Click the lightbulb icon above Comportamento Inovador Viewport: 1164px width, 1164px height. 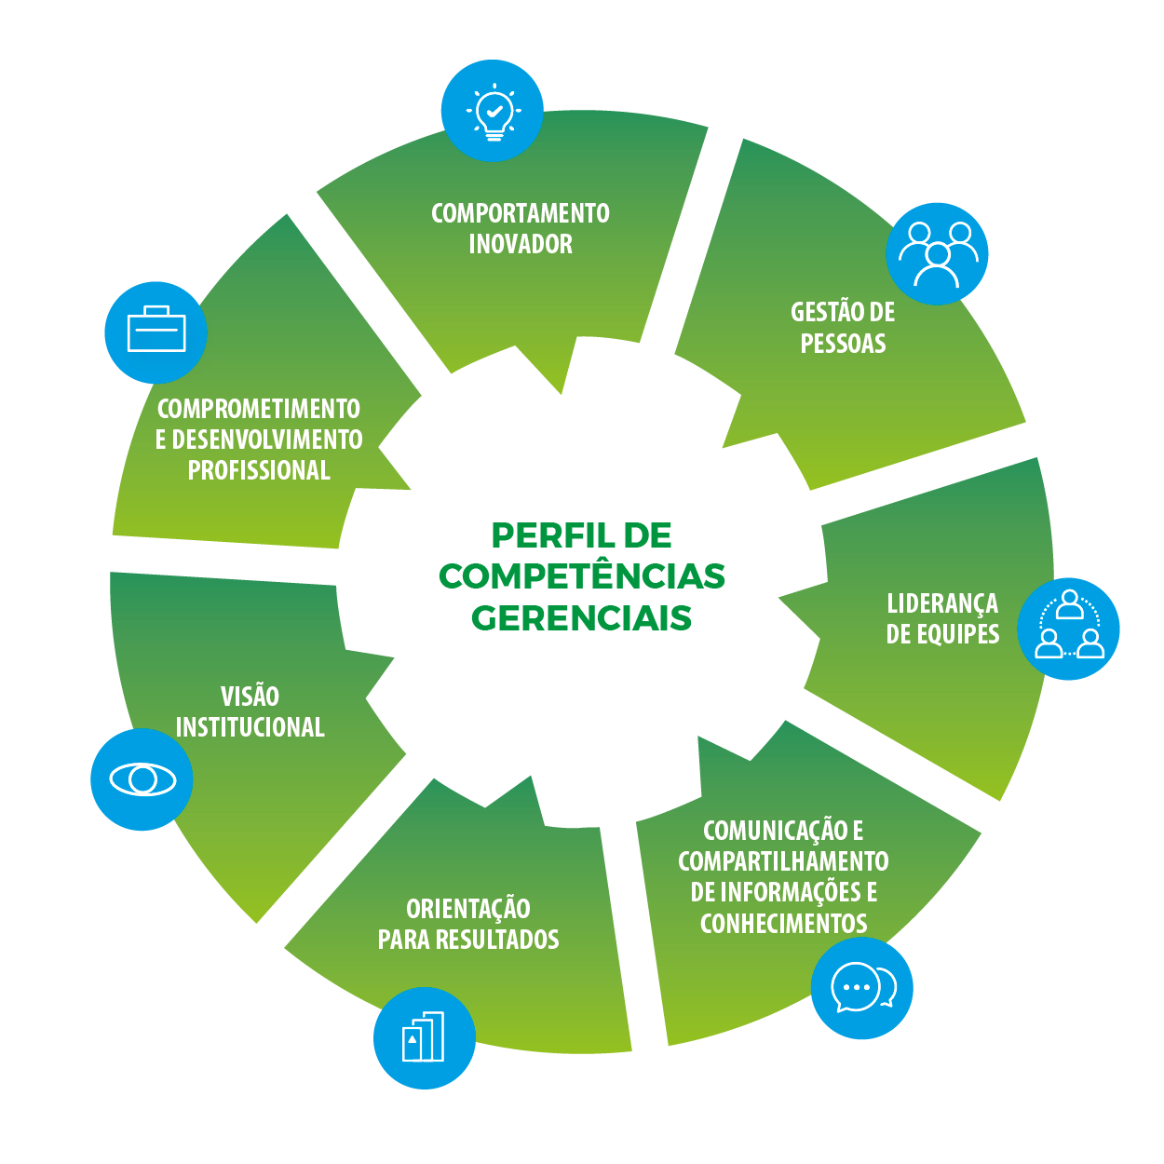coord(492,111)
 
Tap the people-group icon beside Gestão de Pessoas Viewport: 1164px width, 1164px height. coord(937,253)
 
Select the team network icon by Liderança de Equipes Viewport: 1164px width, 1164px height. coord(1068,629)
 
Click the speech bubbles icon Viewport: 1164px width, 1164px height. coord(862,988)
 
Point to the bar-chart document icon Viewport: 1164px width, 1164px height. coord(425,1037)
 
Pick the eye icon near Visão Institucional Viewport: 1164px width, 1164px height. coord(142,778)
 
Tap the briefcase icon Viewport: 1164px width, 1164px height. coord(156,332)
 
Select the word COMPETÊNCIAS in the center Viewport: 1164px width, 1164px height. coord(582,576)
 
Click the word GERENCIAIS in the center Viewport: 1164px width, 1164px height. coord(582,617)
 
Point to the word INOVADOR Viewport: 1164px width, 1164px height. coord(521,244)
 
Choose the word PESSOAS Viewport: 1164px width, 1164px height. coord(843,344)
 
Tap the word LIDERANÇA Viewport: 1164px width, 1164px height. coord(942,603)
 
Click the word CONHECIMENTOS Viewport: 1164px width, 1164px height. coord(783,924)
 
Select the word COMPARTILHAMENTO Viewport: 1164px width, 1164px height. coord(783,861)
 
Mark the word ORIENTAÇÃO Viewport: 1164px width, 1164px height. coord(468,909)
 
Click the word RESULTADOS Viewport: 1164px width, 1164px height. coord(507,940)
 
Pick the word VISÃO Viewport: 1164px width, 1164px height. coord(250,697)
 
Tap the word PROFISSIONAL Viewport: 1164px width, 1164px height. coord(259,470)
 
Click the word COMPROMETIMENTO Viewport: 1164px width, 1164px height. coord(259,409)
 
